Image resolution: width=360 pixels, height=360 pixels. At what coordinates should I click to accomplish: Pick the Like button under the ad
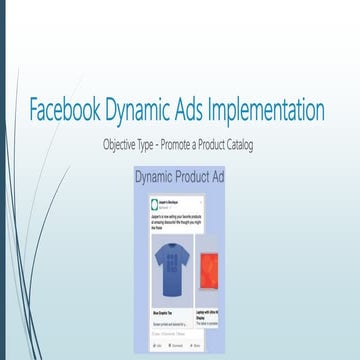coord(159,345)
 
